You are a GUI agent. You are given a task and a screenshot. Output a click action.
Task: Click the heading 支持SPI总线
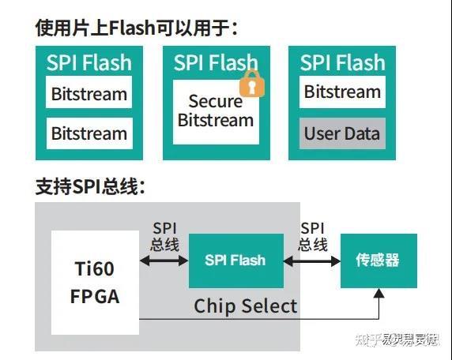[89, 187]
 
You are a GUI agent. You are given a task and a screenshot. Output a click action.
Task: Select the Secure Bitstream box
[215, 111]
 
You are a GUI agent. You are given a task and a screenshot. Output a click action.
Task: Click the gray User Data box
[342, 133]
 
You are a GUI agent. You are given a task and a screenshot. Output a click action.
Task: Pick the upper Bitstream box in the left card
[89, 94]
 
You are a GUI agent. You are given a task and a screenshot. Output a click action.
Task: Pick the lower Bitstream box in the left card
[89, 133]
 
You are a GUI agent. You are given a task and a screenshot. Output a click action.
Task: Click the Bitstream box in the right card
[342, 92]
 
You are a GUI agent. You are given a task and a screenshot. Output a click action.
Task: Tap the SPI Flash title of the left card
[89, 62]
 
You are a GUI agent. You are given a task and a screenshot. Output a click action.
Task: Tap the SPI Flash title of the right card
[342, 62]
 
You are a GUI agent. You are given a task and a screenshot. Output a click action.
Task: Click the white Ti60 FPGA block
[95, 282]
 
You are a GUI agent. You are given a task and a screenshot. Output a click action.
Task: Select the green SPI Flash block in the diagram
[235, 261]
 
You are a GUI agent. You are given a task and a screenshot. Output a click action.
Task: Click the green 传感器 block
[378, 261]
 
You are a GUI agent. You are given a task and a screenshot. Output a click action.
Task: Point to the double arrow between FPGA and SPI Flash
[164, 261]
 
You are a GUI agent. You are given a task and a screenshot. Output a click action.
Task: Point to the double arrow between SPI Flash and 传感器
[312, 261]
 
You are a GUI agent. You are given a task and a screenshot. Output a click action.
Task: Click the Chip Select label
[246, 306]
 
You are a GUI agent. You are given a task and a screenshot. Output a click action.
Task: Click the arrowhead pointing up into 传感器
[379, 294]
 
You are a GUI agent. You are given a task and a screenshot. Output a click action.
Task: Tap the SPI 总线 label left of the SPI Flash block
[164, 235]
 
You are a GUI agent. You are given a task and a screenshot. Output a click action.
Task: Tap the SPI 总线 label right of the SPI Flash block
[313, 235]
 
